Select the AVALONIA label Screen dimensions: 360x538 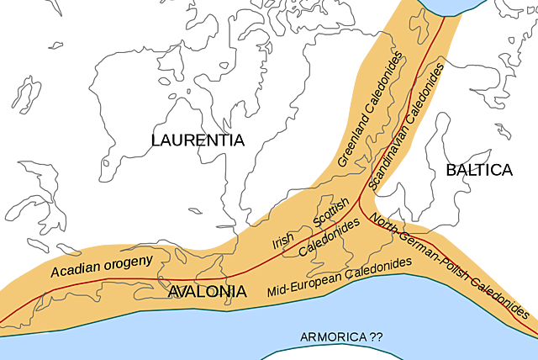point(208,292)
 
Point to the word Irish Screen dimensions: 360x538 point(282,241)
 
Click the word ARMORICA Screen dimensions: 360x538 point(333,337)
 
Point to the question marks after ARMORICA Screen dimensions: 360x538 point(375,337)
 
